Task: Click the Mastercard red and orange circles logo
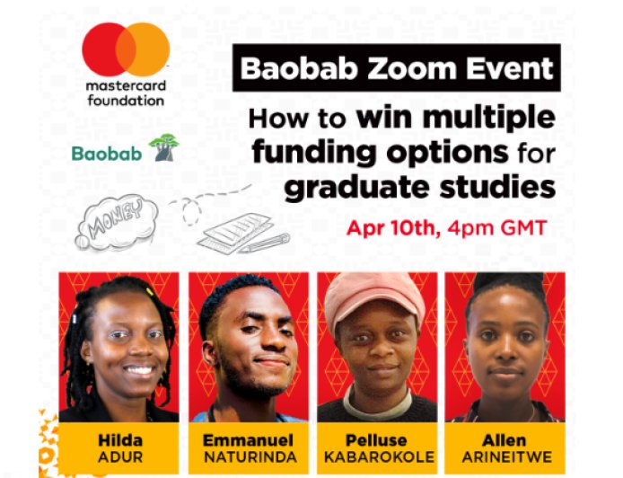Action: (x=126, y=49)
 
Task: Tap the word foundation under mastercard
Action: (x=127, y=101)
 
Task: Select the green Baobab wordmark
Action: (x=107, y=154)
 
